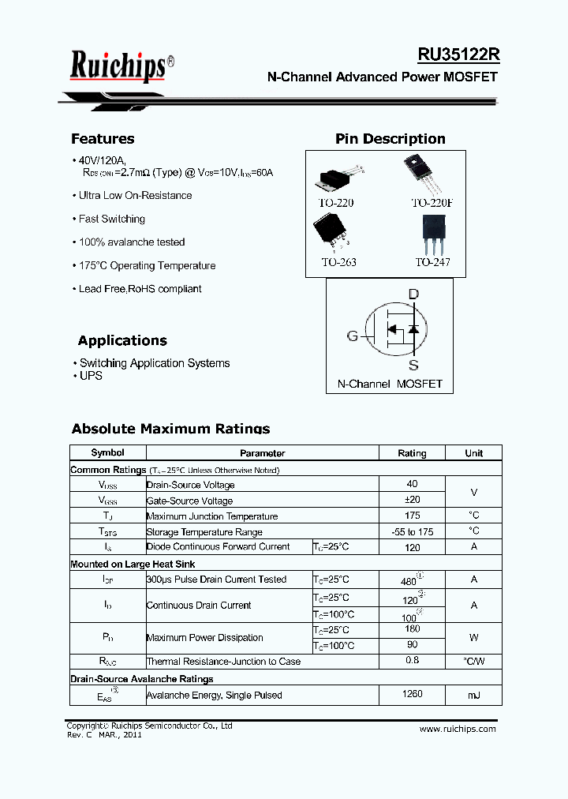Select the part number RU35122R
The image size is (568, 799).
(458, 55)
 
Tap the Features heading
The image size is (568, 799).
(103, 139)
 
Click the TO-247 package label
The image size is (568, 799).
(432, 262)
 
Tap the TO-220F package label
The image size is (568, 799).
(432, 203)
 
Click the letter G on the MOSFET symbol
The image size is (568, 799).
(353, 336)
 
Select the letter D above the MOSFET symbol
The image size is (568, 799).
(413, 294)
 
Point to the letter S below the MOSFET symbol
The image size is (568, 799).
(413, 366)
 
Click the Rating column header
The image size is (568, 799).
(412, 453)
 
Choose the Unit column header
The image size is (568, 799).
(473, 453)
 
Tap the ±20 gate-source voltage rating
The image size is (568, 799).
(412, 500)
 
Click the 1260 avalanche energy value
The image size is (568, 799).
(412, 694)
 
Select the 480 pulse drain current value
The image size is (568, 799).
(409, 580)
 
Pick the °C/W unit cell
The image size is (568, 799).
(473, 661)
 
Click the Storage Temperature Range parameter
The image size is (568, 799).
(204, 532)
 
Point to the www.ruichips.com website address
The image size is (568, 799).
(458, 729)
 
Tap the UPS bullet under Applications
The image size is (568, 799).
(91, 376)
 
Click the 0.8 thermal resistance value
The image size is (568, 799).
(412, 660)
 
